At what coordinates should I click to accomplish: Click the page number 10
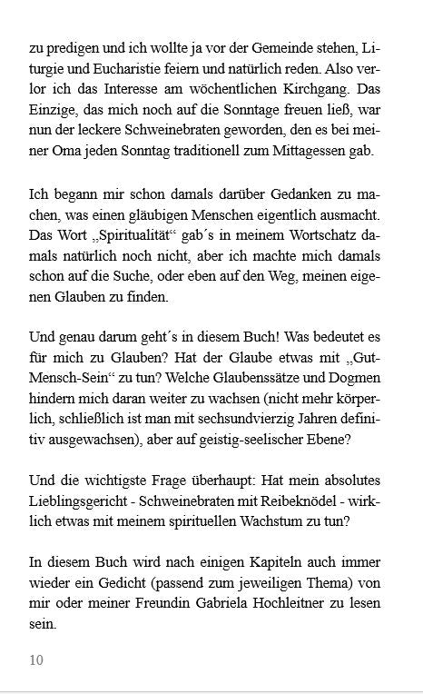coord(36,660)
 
